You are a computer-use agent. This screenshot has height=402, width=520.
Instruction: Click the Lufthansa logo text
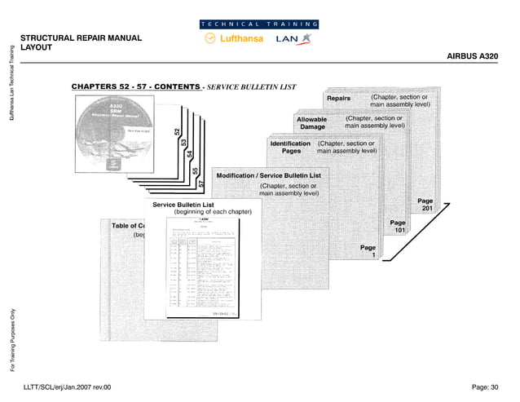[242, 42]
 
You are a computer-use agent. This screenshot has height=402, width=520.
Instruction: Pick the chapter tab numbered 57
[201, 186]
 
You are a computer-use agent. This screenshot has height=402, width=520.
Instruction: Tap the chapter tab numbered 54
[189, 154]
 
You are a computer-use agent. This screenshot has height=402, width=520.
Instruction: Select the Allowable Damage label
[312, 123]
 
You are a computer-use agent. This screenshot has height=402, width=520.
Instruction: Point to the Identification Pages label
[290, 148]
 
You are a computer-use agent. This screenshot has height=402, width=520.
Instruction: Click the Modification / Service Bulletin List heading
[268, 175]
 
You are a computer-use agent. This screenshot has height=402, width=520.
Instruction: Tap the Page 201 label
[425, 205]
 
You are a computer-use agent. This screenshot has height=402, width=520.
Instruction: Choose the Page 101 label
[398, 227]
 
